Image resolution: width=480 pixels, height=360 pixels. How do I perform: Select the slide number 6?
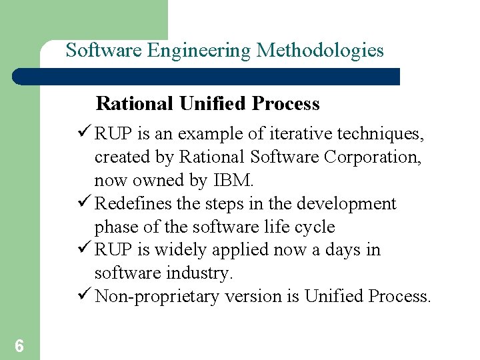[x=19, y=346]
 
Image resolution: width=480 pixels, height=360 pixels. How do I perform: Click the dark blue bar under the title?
[x=207, y=77]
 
